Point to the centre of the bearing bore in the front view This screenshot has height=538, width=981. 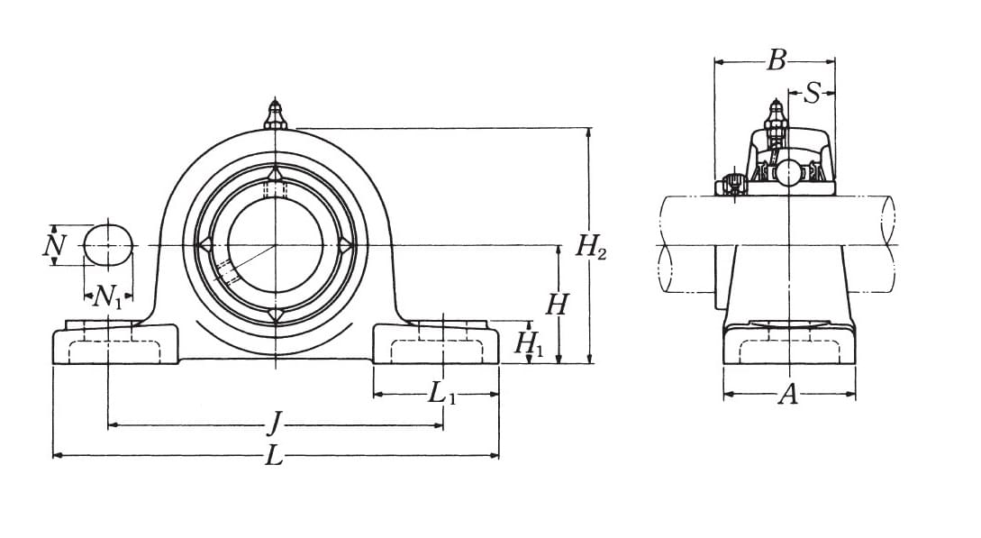(x=276, y=245)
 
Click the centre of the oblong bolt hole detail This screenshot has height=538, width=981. (x=110, y=245)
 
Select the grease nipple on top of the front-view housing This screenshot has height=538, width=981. (x=276, y=114)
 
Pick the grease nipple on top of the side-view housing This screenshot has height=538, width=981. (x=776, y=118)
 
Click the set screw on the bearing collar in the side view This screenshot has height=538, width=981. (x=732, y=185)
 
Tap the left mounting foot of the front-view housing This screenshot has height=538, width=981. (x=115, y=342)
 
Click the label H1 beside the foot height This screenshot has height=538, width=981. (x=530, y=343)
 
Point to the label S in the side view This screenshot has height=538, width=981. (x=812, y=93)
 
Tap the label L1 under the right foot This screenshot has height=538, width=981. (x=441, y=394)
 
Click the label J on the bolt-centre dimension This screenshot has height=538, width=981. (x=274, y=426)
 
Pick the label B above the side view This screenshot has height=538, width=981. (x=776, y=60)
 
